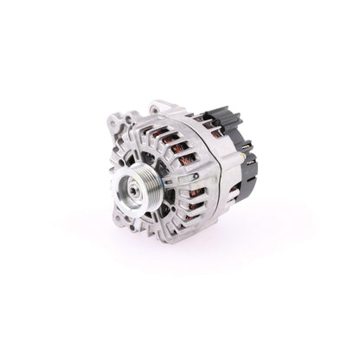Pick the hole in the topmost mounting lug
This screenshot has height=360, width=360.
click(x=155, y=110)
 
